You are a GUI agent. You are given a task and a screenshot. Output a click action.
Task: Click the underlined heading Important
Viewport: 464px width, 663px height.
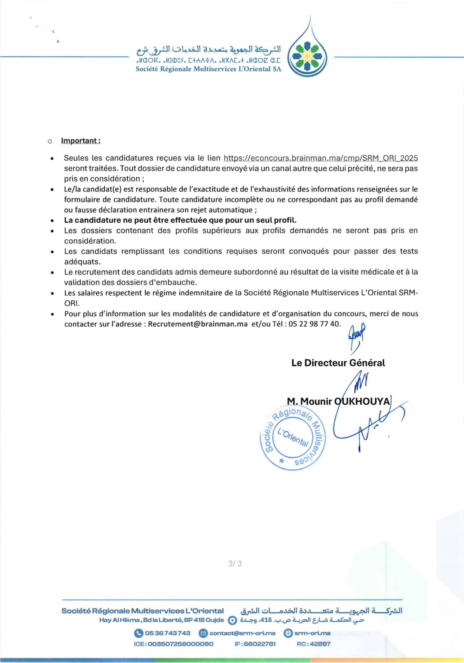[x=81, y=141]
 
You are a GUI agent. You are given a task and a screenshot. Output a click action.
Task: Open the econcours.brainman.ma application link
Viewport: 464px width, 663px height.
[x=321, y=158]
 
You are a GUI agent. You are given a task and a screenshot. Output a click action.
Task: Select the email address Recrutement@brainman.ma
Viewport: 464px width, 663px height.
[x=198, y=324]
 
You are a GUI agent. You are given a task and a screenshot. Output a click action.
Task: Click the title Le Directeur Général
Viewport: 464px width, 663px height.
[x=338, y=363]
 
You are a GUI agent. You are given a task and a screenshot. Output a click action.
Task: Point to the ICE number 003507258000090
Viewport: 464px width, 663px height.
[x=174, y=644]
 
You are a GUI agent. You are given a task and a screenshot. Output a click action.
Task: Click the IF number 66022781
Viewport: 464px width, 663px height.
[x=255, y=644]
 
